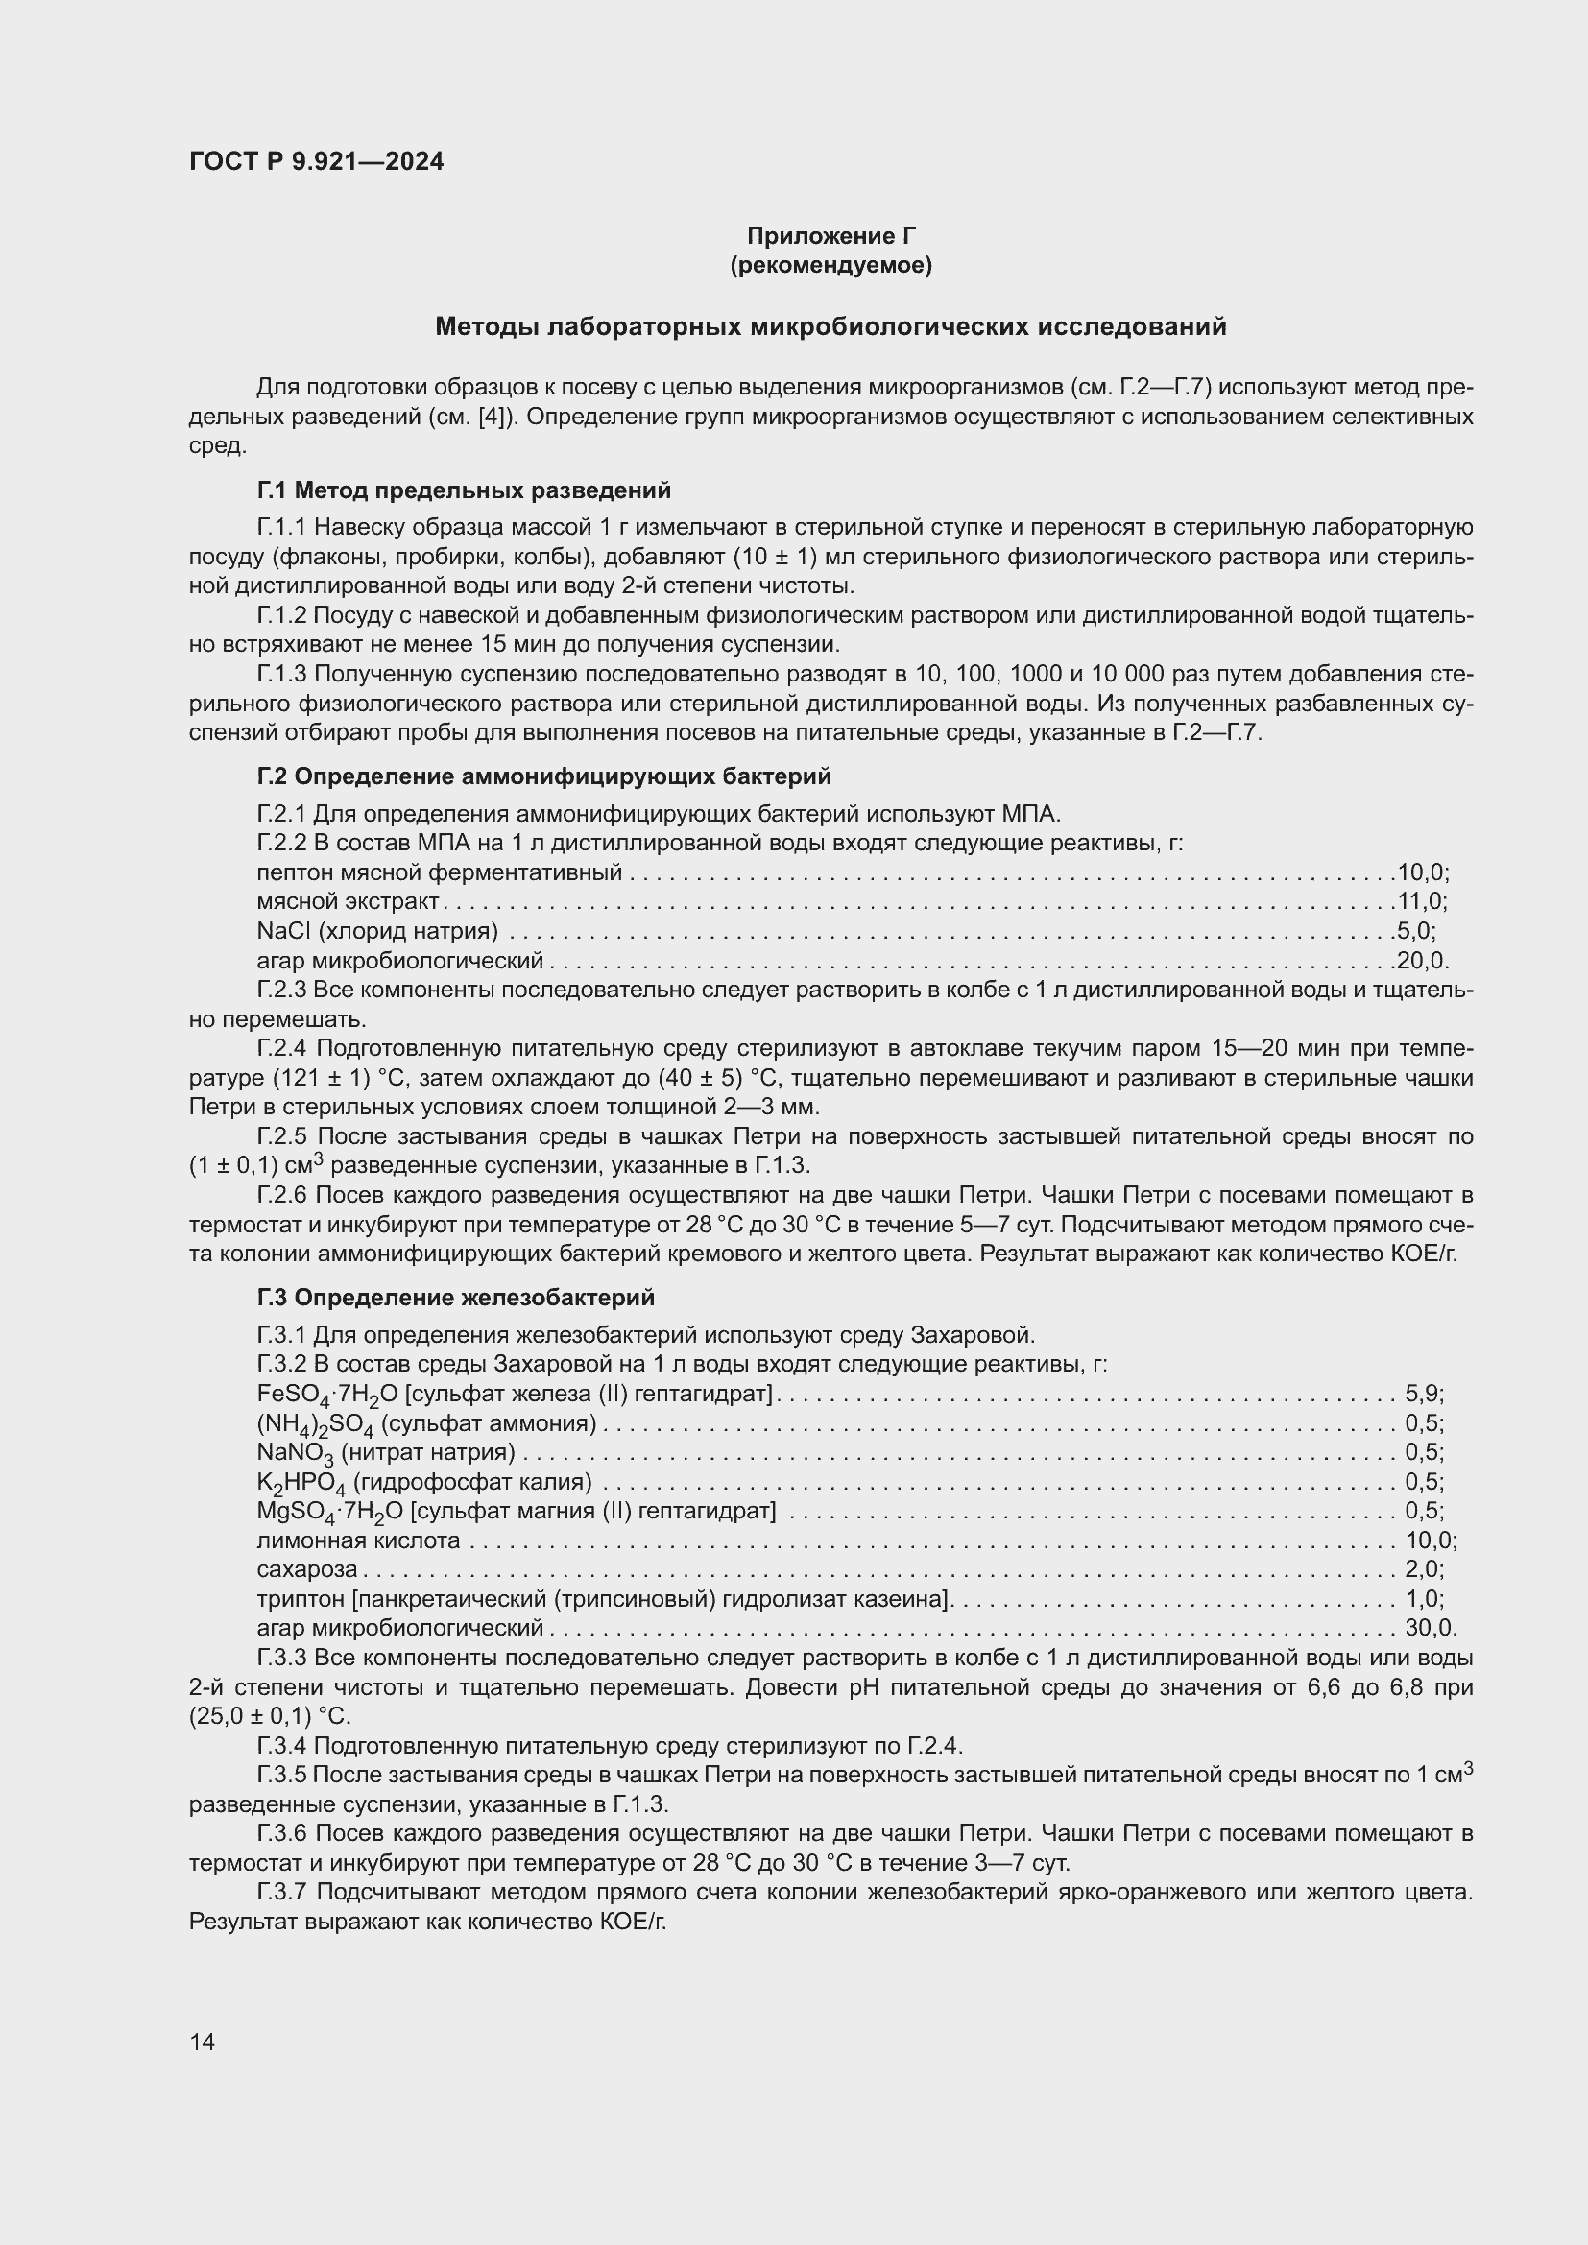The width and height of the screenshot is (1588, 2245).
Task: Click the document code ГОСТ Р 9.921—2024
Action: point(316,161)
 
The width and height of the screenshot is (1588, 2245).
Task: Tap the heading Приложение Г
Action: point(830,236)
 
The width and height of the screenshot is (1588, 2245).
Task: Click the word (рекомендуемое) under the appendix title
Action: point(830,265)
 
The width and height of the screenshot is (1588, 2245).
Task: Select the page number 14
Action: point(203,2041)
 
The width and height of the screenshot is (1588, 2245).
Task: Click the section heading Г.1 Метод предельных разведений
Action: point(464,490)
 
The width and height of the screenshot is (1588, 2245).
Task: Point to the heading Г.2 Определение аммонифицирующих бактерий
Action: point(543,776)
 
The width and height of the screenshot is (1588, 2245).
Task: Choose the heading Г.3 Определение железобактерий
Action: point(456,1298)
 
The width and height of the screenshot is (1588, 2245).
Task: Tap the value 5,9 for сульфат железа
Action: point(1423,1394)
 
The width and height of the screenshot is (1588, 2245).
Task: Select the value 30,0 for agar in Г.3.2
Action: point(1429,1628)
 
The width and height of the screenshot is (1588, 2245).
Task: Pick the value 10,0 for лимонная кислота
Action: point(1429,1540)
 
